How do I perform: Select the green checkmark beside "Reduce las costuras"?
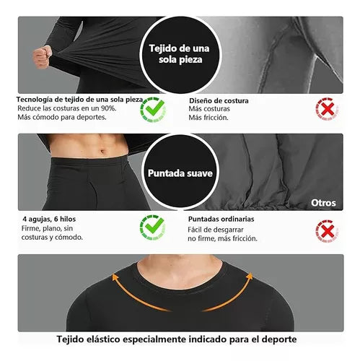(x=153, y=109)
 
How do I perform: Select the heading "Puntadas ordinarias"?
(x=225, y=219)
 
